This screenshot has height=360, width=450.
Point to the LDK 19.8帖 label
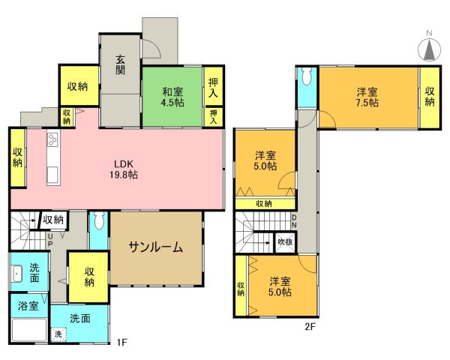124,169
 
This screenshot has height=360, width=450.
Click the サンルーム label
155,248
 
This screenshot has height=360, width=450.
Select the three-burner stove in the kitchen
53,140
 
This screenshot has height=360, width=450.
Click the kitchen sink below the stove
52,174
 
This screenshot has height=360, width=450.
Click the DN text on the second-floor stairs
294,221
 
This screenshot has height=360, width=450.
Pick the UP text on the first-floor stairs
49,239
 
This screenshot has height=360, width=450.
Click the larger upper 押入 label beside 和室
213,88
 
